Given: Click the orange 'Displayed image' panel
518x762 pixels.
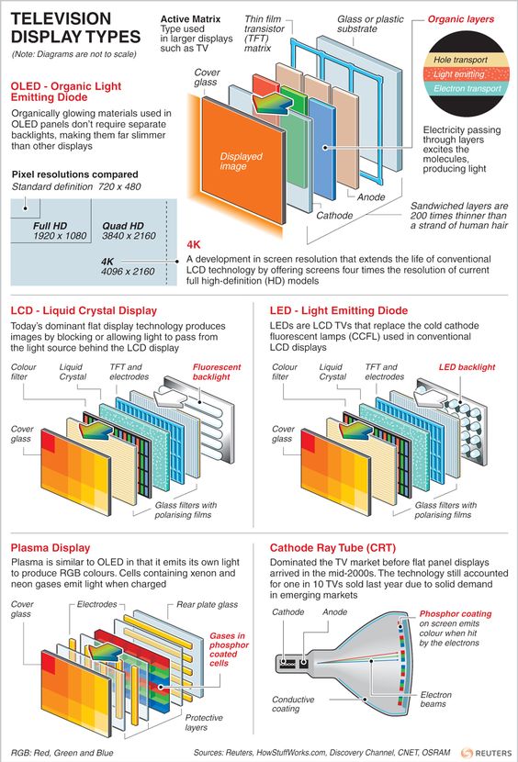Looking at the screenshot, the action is (243, 161).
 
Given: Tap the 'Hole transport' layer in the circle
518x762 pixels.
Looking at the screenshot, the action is (461, 60).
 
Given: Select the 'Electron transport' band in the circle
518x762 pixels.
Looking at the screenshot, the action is (467, 88).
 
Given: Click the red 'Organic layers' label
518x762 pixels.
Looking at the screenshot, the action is (461, 19).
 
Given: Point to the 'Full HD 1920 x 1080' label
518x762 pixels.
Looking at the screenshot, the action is (60, 230).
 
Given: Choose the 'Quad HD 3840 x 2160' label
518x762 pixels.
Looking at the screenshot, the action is (129, 230).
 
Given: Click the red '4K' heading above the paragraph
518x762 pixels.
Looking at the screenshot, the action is (194, 244).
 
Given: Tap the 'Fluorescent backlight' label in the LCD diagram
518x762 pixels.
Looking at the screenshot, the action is (217, 372).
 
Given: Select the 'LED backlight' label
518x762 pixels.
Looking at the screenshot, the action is (467, 367).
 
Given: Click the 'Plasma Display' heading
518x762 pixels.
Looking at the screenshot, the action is (51, 548).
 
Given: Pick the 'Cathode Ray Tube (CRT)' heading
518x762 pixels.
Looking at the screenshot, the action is (333, 548).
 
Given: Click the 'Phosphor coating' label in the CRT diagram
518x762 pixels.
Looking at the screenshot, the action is (456, 614).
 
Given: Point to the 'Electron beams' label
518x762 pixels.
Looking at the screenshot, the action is (436, 700).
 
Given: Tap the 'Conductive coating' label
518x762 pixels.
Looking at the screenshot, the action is (293, 704).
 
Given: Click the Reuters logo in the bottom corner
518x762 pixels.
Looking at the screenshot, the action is (487, 753).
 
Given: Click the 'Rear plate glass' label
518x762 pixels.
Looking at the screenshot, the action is (207, 604).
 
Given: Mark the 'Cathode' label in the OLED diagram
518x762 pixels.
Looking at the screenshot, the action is (334, 215).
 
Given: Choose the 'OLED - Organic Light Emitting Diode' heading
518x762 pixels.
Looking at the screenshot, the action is (65, 92).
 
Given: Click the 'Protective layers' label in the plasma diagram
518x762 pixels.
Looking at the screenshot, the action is (204, 723).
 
